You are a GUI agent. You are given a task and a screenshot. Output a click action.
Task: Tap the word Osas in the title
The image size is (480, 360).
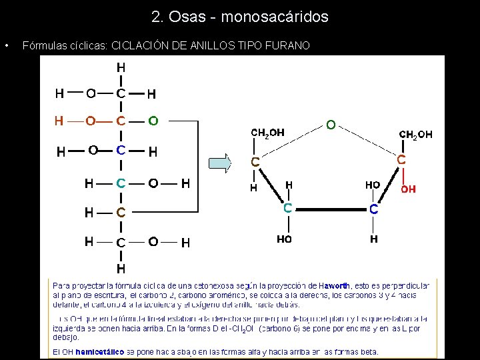pos(186,17)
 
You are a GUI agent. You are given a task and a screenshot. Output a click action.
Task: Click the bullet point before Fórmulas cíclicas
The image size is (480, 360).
pos(6,46)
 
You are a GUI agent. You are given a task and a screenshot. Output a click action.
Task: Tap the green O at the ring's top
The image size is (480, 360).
pos(330,125)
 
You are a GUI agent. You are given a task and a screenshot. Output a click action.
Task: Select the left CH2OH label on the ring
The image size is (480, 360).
pos(267,133)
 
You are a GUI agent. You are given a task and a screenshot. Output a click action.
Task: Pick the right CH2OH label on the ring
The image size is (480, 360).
pos(415,135)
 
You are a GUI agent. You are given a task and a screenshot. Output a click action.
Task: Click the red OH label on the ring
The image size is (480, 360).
pos(408,189)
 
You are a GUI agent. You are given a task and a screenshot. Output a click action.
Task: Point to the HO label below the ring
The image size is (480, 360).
pos(285,239)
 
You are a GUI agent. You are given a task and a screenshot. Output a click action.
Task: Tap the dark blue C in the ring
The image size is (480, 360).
pos(374,209)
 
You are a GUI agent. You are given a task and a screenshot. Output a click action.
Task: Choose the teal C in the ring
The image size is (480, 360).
pos(287,208)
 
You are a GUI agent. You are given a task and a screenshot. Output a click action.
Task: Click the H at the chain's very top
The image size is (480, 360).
pos(120,67)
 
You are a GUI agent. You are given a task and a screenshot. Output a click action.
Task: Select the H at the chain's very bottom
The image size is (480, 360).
pos(120,269)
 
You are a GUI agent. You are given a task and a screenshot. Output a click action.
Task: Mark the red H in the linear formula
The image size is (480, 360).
pos(59,121)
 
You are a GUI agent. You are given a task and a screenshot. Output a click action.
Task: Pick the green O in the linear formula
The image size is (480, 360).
pos(153,121)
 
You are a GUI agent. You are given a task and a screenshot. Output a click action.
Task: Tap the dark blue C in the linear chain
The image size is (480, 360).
pos(120,150)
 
